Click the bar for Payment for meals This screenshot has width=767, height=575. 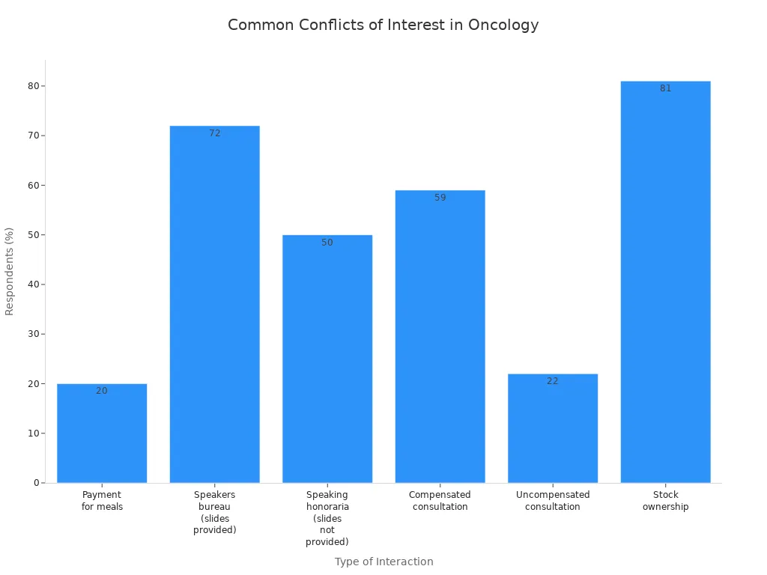click(102, 434)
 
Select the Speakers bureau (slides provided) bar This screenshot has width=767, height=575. click(215, 307)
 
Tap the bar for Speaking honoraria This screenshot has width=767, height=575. click(327, 359)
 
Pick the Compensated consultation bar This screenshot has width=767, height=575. click(440, 337)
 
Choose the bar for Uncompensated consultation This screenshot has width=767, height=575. click(553, 431)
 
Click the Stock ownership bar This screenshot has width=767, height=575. click(665, 285)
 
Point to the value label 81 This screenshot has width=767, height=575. click(665, 88)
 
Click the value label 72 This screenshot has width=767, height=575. click(215, 133)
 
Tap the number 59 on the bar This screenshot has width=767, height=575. click(440, 198)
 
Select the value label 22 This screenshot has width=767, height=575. click(553, 381)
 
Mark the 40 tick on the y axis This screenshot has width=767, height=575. click(33, 285)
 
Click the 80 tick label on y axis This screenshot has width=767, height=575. click(33, 86)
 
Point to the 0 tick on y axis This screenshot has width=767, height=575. click(36, 483)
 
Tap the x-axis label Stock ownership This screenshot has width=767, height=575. click(665, 501)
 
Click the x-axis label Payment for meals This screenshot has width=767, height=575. click(102, 501)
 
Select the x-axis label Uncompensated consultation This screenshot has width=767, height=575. click(553, 501)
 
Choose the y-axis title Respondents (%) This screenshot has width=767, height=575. click(10, 271)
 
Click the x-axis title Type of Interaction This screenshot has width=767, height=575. click(383, 562)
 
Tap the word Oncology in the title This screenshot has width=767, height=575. click(503, 25)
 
